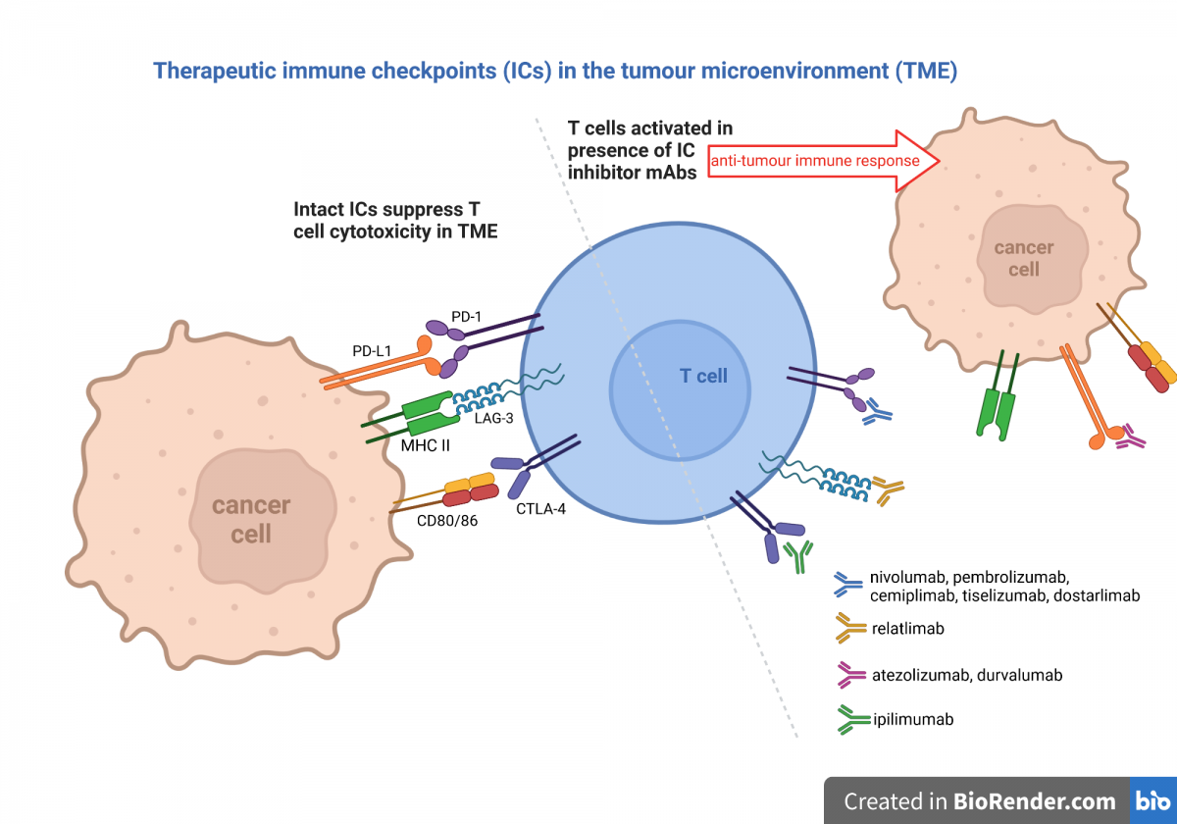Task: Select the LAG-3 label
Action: coord(493,419)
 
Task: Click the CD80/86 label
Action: coord(446,520)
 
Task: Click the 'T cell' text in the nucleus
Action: coord(703,376)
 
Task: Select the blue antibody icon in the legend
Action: coord(846,586)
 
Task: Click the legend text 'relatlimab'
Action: coord(907,628)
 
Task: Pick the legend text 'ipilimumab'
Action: coord(912,719)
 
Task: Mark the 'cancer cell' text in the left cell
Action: coord(251,519)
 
